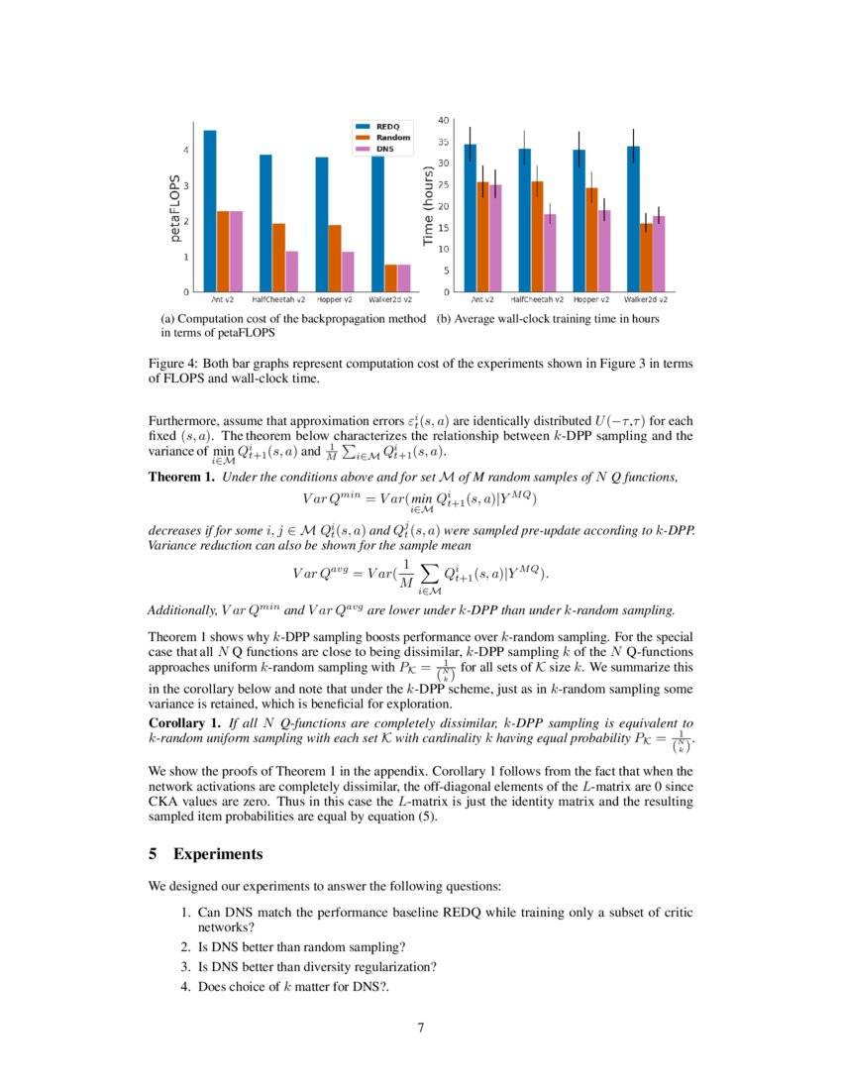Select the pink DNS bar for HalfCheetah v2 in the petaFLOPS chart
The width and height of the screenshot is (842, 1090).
tap(291, 272)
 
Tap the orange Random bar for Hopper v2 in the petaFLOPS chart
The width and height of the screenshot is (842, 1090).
tap(335, 259)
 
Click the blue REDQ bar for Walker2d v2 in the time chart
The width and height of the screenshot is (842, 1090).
tap(633, 219)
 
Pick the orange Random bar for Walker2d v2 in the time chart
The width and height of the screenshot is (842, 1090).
tap(646, 258)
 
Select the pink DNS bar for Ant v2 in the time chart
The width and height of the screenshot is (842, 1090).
tap(495, 239)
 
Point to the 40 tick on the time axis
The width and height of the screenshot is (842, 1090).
tap(443, 120)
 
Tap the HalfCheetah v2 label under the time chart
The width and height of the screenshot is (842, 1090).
tap(537, 299)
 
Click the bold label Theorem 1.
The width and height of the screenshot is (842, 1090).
tap(181, 478)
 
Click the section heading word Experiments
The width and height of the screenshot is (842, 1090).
tap(218, 853)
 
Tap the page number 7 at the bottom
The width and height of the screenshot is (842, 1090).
tap(421, 1027)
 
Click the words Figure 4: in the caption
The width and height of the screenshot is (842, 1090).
tap(172, 364)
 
